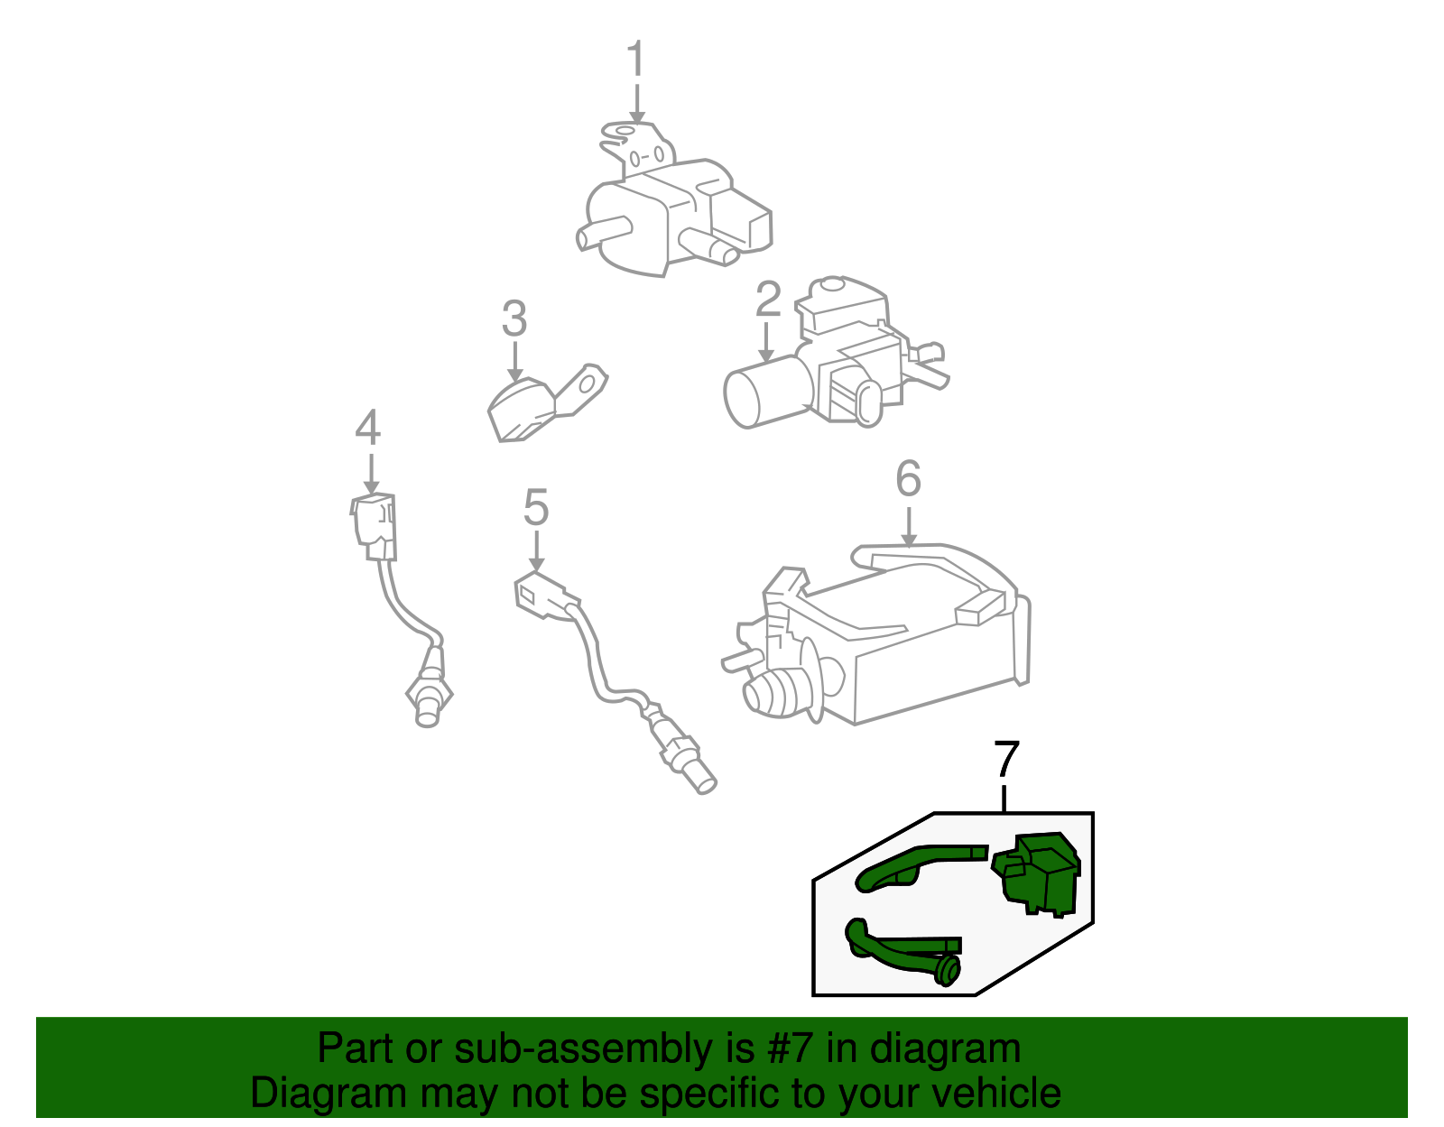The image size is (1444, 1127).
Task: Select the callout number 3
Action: tap(514, 319)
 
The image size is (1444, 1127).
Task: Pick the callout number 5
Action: tap(536, 507)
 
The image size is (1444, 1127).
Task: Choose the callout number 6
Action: tap(909, 478)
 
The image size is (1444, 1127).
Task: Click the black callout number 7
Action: tap(1006, 759)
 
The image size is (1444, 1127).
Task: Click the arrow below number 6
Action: tap(909, 527)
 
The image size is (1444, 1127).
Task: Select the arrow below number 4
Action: tap(371, 475)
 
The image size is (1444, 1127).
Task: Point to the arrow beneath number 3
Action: tap(515, 362)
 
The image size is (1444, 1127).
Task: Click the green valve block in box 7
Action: tap(1036, 873)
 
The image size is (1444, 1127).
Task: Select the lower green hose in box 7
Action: tap(903, 953)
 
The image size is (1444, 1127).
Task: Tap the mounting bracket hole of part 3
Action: tap(588, 385)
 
